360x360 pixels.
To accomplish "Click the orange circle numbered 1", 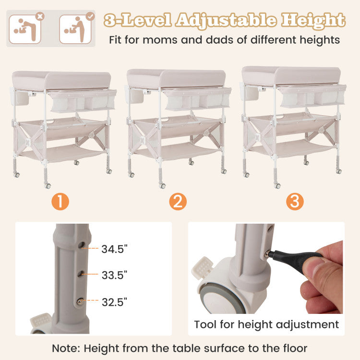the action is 60,201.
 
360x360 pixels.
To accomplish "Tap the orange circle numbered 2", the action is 178,201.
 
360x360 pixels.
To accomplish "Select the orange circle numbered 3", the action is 295,201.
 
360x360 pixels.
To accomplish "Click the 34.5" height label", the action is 114,249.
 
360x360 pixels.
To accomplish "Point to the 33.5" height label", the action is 114,276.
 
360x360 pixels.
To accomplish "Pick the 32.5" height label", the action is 114,302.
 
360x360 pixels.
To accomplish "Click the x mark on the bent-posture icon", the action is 40,16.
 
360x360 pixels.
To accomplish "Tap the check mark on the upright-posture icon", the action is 90,16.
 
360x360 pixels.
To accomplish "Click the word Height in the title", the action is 313,20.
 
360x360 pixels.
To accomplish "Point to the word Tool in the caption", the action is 205,324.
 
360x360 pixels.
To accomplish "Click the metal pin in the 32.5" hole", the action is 80,301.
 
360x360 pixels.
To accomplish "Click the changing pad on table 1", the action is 61,80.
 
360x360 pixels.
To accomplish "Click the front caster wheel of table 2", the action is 162,185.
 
